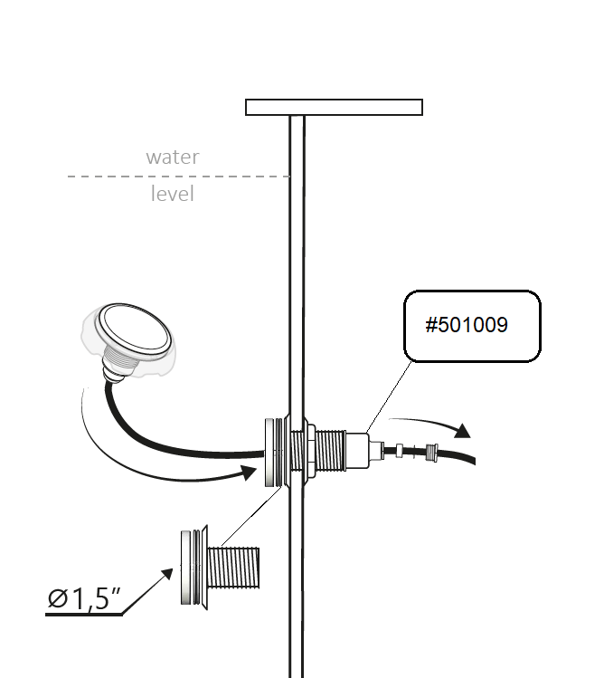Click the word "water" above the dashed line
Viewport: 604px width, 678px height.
172,157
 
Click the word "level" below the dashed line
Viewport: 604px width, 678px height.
172,194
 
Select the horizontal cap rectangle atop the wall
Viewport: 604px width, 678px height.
334,108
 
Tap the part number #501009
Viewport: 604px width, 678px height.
467,325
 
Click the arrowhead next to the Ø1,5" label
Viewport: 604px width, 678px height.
168,574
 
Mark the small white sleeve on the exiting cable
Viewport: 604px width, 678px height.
399,450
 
